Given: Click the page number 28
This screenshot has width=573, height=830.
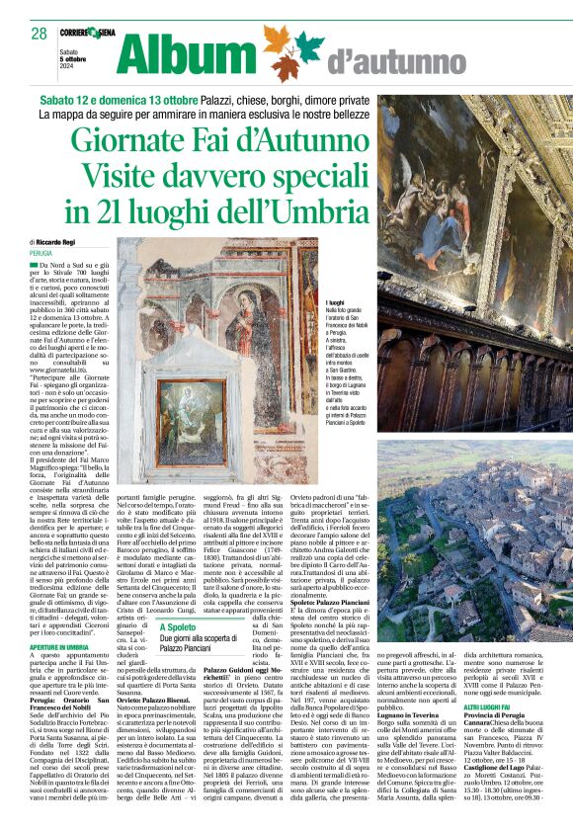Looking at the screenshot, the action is pos(39,33).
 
